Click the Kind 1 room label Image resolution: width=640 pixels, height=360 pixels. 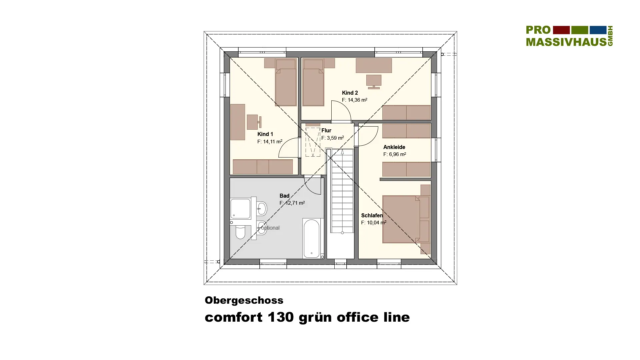click(265, 134)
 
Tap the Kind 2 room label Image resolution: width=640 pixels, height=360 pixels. click(350, 93)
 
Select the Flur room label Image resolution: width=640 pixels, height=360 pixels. click(326, 130)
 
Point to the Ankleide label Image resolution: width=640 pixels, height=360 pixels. click(394, 147)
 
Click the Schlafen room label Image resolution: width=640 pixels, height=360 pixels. click(372, 215)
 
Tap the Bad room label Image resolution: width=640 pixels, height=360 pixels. click(284, 196)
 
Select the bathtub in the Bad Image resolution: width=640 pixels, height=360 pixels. click(312, 238)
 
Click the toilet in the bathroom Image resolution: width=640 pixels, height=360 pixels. click(240, 232)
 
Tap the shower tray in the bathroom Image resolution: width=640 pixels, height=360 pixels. click(240, 209)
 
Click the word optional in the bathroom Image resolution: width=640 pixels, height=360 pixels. click(270, 228)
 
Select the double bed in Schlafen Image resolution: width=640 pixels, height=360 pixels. click(406, 219)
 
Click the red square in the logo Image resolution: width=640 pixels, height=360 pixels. click(561, 30)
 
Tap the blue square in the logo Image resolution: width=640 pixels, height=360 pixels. click(598, 30)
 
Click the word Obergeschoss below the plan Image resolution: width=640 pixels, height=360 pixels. click(244, 300)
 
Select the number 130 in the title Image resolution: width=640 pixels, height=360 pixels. click(281, 317)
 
